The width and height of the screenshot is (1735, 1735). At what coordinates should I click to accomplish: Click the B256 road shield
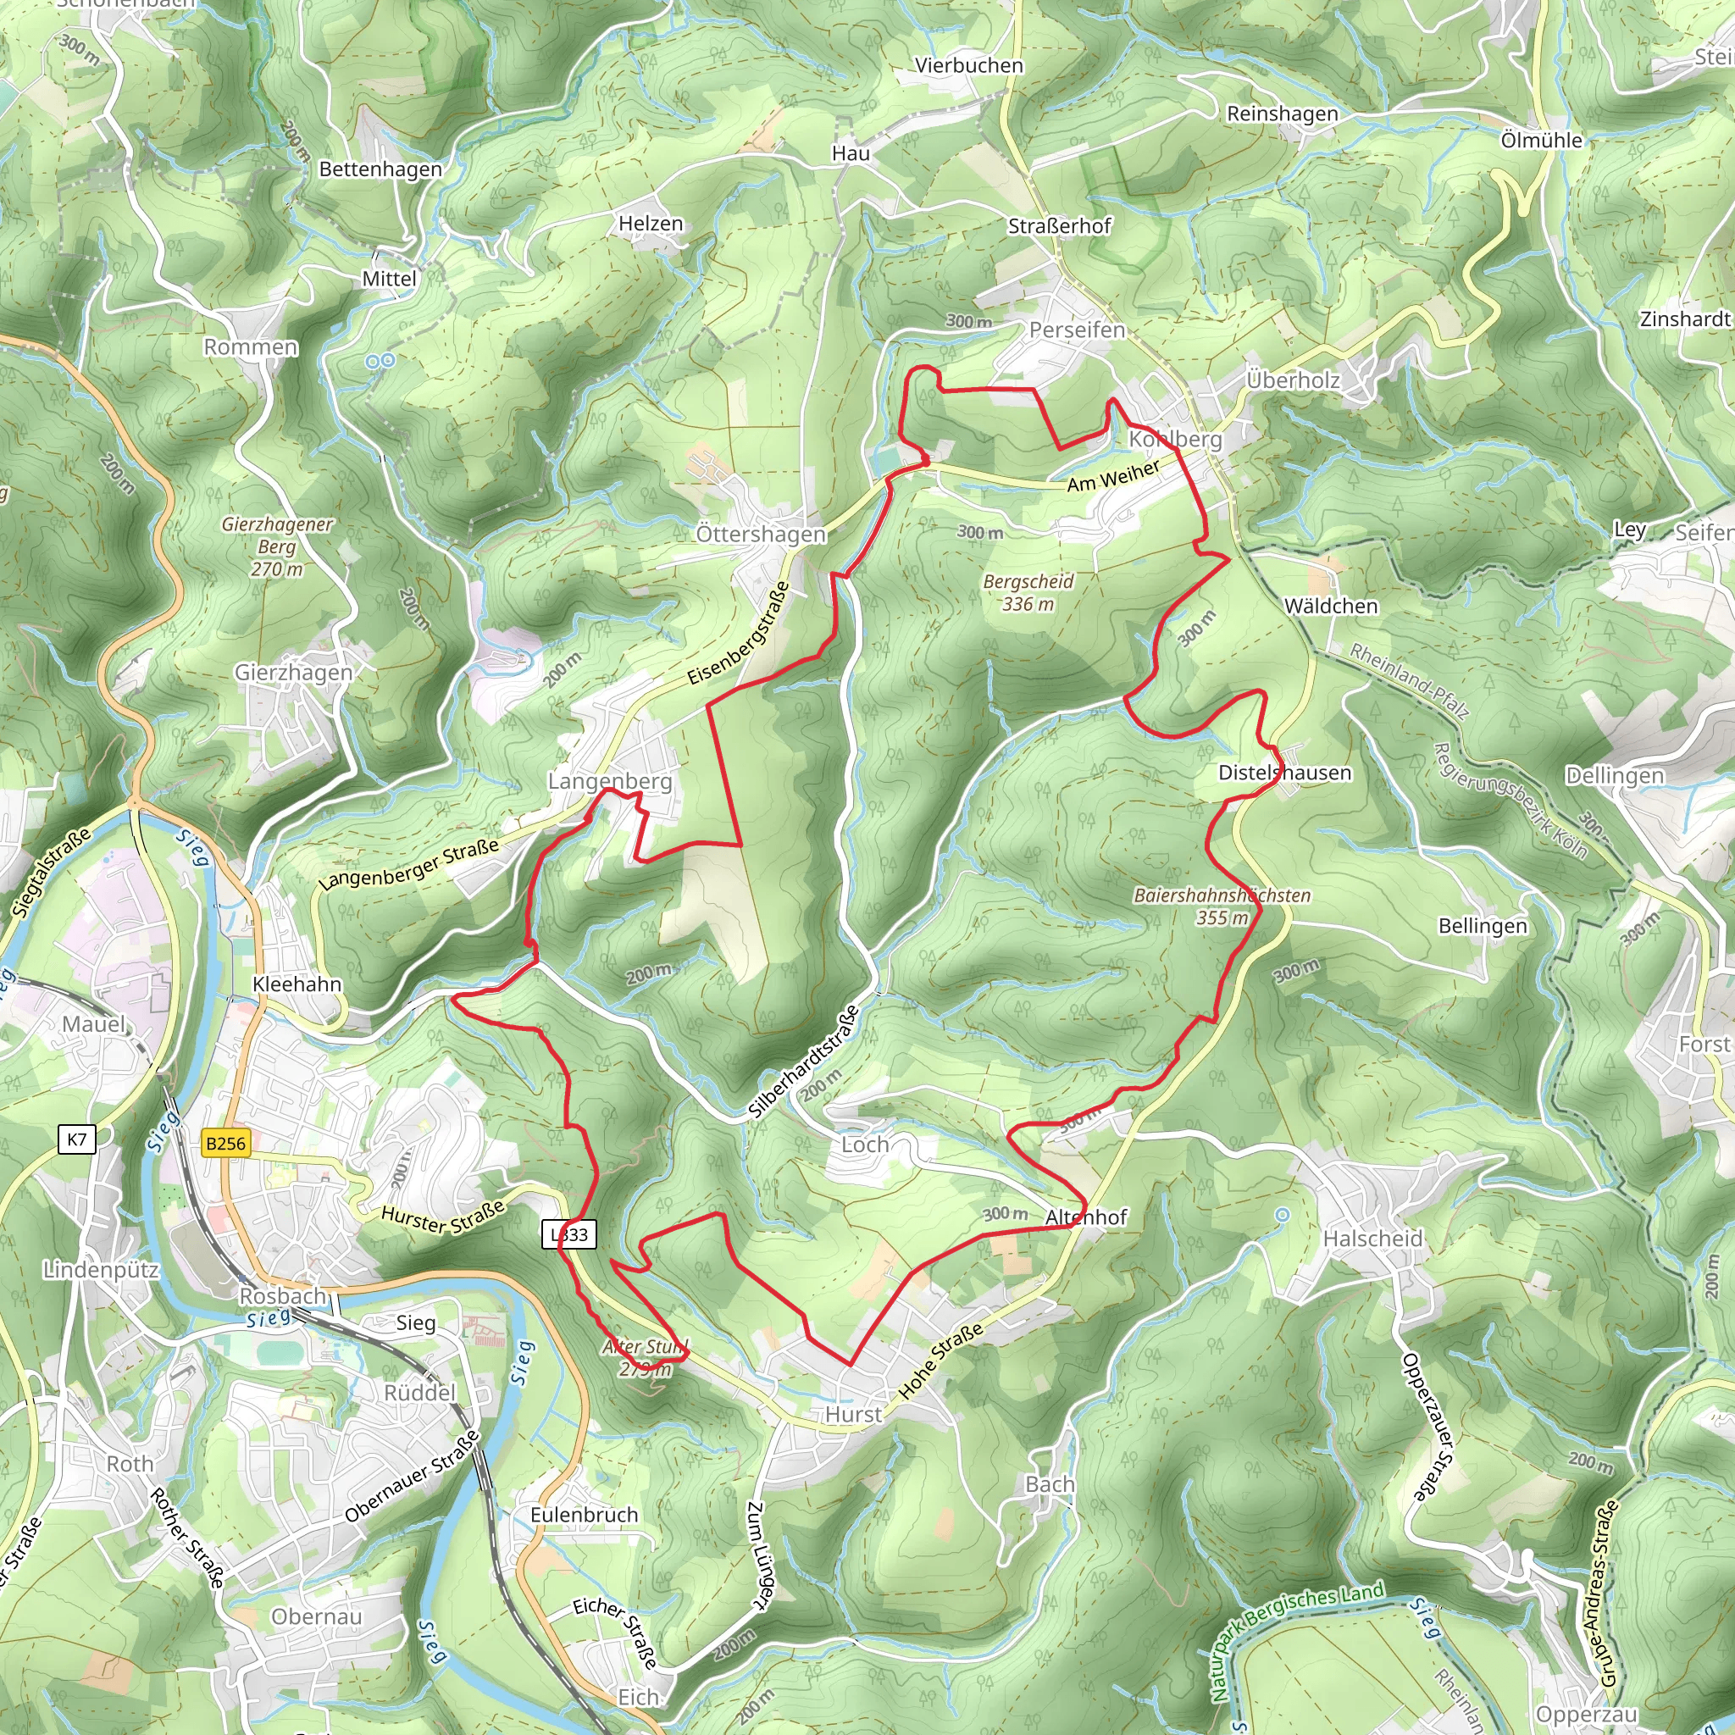pyautogui.click(x=225, y=1143)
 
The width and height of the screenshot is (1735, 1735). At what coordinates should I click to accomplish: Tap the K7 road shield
pyautogui.click(x=76, y=1140)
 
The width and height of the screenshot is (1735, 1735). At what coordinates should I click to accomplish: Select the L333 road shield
pyautogui.click(x=569, y=1235)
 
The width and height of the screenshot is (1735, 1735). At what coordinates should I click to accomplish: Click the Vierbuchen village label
pyautogui.click(x=969, y=65)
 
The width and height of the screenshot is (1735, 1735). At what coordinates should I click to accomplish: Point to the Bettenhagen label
pyautogui.click(x=380, y=169)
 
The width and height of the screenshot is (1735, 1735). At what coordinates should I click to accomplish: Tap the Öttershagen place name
pyautogui.click(x=761, y=535)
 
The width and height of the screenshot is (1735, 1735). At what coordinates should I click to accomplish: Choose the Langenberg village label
pyautogui.click(x=610, y=781)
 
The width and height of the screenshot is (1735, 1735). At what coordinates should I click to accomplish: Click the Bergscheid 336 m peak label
pyautogui.click(x=1028, y=593)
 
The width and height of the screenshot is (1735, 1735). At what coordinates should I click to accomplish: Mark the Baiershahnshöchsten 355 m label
pyautogui.click(x=1222, y=906)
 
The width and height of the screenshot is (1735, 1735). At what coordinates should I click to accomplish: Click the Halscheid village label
pyautogui.click(x=1373, y=1239)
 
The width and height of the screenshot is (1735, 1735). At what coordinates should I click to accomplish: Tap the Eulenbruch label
pyautogui.click(x=584, y=1515)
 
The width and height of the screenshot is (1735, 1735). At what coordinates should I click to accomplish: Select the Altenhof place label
pyautogui.click(x=1086, y=1217)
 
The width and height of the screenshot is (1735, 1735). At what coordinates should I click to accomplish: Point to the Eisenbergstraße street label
pyautogui.click(x=738, y=633)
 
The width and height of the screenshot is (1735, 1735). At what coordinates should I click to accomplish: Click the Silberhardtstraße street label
pyautogui.click(x=804, y=1062)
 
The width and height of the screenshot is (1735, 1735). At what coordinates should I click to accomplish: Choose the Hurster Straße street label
pyautogui.click(x=443, y=1218)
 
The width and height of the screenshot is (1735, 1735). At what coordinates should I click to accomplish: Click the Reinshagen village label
pyautogui.click(x=1283, y=114)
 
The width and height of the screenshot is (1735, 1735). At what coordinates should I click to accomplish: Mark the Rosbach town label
pyautogui.click(x=282, y=1296)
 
